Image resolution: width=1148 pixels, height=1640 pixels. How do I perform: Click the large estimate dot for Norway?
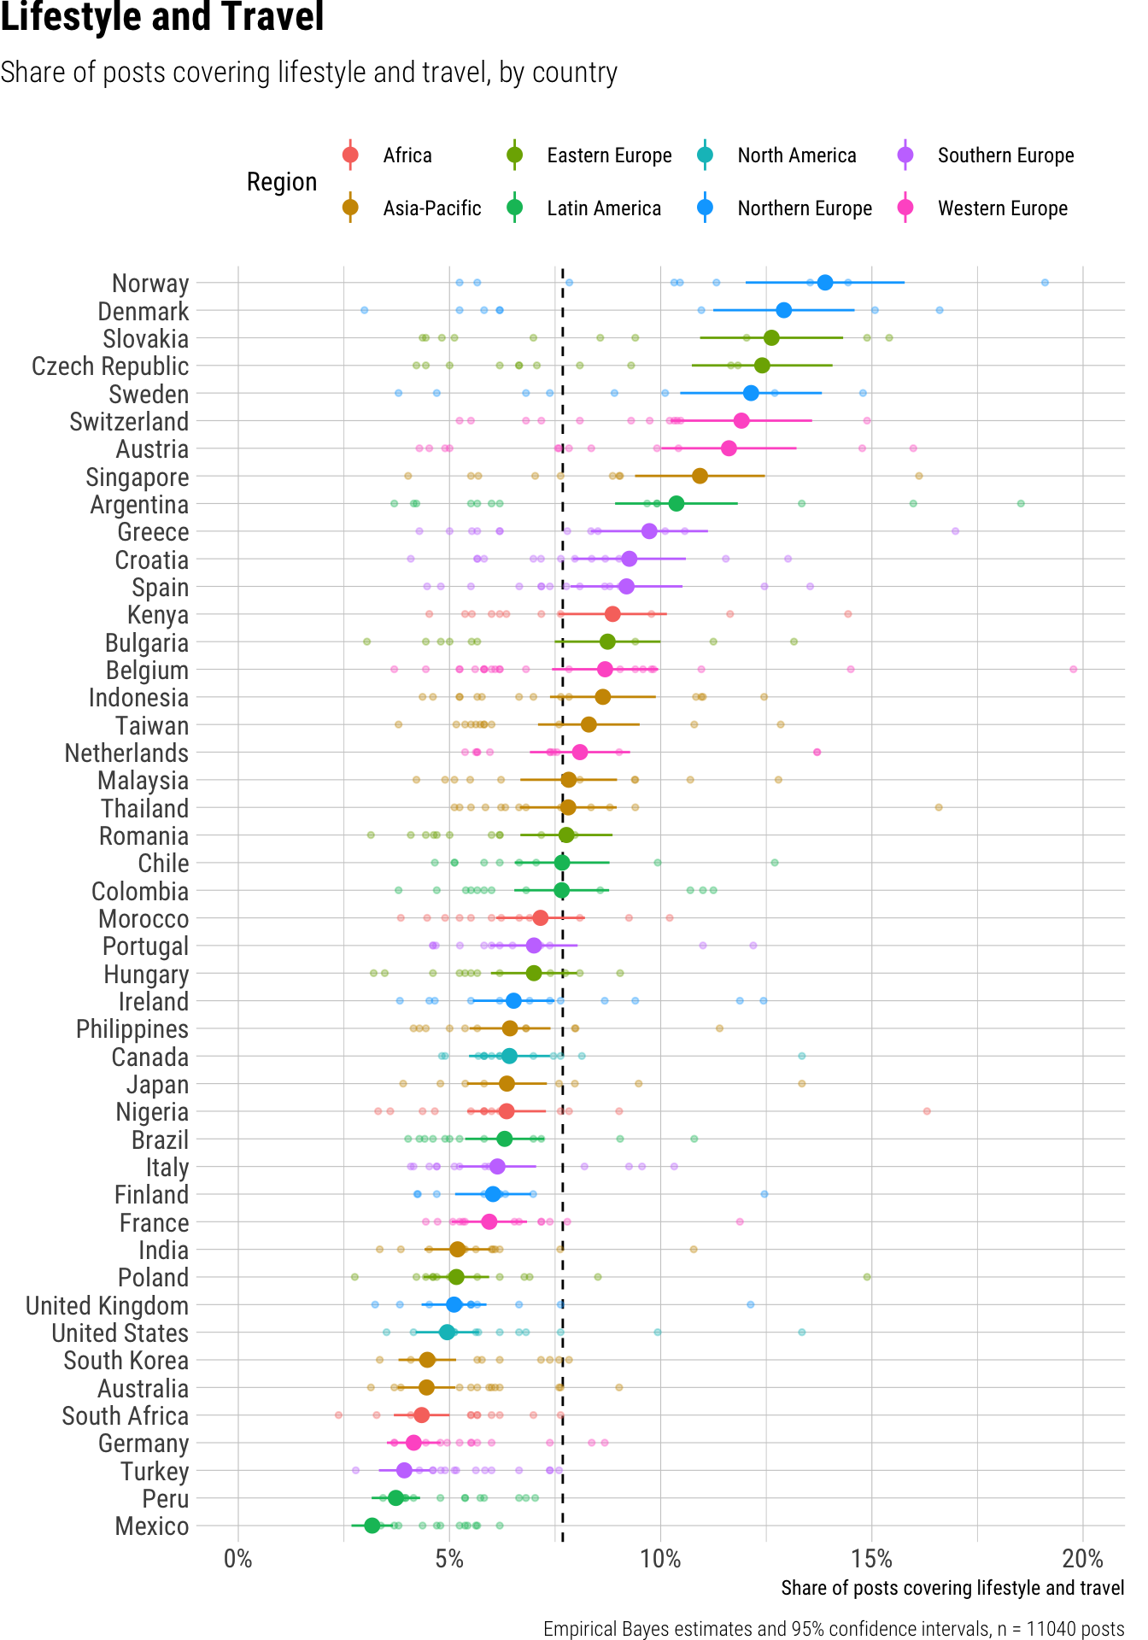click(x=824, y=283)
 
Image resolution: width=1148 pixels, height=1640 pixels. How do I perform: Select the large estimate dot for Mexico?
click(x=372, y=1525)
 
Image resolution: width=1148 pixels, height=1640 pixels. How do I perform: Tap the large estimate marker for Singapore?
click(x=700, y=476)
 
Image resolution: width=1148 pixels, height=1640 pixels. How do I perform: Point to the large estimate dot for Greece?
click(x=649, y=531)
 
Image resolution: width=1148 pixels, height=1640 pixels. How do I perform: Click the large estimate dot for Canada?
click(x=509, y=1056)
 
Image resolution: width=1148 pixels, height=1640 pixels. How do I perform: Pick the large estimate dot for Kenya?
click(x=612, y=614)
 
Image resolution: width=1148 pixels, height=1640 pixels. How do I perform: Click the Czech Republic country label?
click(x=110, y=366)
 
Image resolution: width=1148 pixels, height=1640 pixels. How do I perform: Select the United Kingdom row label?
click(x=107, y=1306)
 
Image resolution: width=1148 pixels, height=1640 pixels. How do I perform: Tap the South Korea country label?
click(x=126, y=1361)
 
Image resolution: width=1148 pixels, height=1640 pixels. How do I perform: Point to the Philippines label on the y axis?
click(x=132, y=1029)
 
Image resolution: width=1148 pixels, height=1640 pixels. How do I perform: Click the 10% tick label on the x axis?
click(x=660, y=1560)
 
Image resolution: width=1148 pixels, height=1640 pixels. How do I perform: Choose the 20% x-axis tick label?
click(x=1082, y=1560)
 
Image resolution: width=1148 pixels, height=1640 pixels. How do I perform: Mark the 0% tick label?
click(x=238, y=1560)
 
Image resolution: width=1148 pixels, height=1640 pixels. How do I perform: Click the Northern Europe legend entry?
click(x=804, y=208)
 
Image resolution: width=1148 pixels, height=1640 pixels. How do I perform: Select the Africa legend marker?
click(x=349, y=155)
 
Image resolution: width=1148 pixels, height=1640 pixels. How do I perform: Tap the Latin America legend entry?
click(x=603, y=208)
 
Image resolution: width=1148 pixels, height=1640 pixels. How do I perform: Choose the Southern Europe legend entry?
click(x=1005, y=155)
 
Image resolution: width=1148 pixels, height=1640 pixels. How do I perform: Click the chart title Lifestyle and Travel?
click(x=162, y=17)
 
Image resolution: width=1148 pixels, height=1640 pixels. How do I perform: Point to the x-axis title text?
click(x=952, y=1588)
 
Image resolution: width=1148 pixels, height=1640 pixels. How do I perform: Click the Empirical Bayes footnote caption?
click(x=834, y=1629)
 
